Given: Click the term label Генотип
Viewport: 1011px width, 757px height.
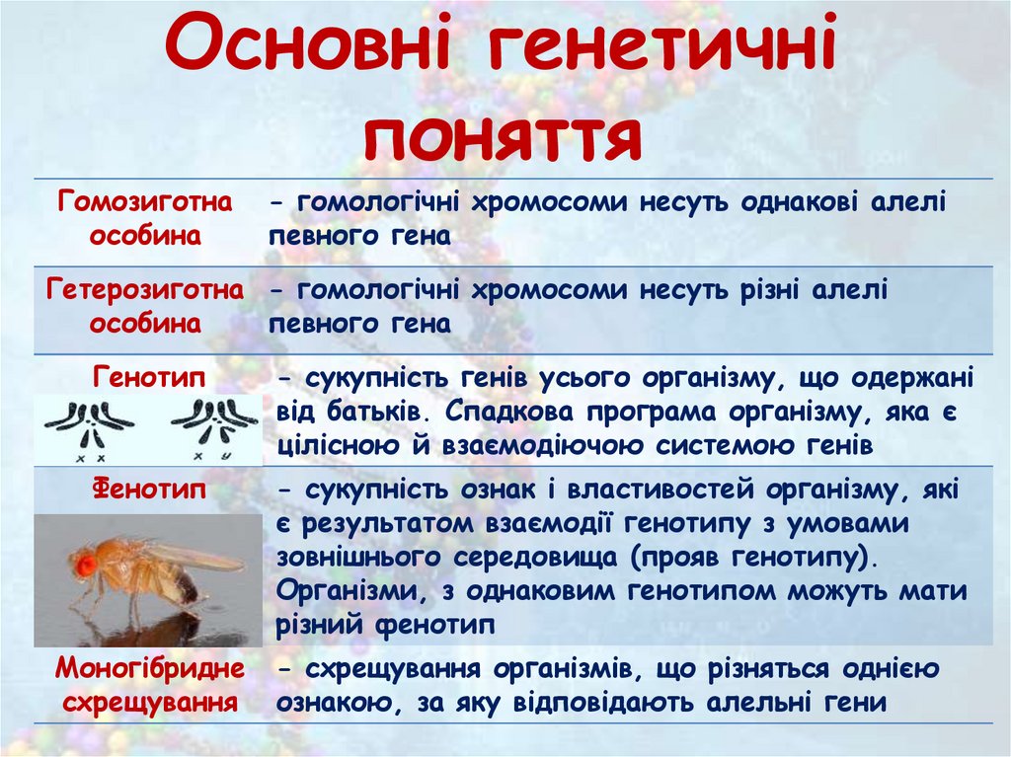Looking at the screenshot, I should click(146, 378).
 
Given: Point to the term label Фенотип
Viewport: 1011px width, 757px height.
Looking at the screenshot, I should click(146, 489).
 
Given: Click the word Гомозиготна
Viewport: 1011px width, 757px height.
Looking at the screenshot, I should click(146, 202).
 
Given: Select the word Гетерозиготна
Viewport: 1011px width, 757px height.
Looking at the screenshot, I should click(146, 289).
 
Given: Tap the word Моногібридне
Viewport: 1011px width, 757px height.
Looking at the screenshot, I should click(149, 668).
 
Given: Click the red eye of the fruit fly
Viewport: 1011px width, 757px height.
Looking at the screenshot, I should click(85, 565).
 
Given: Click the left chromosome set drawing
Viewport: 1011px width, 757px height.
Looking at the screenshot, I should click(89, 426).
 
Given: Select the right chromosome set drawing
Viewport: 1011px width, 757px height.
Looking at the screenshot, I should click(212, 426).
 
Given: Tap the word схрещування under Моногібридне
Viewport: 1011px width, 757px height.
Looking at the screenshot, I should click(149, 702).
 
